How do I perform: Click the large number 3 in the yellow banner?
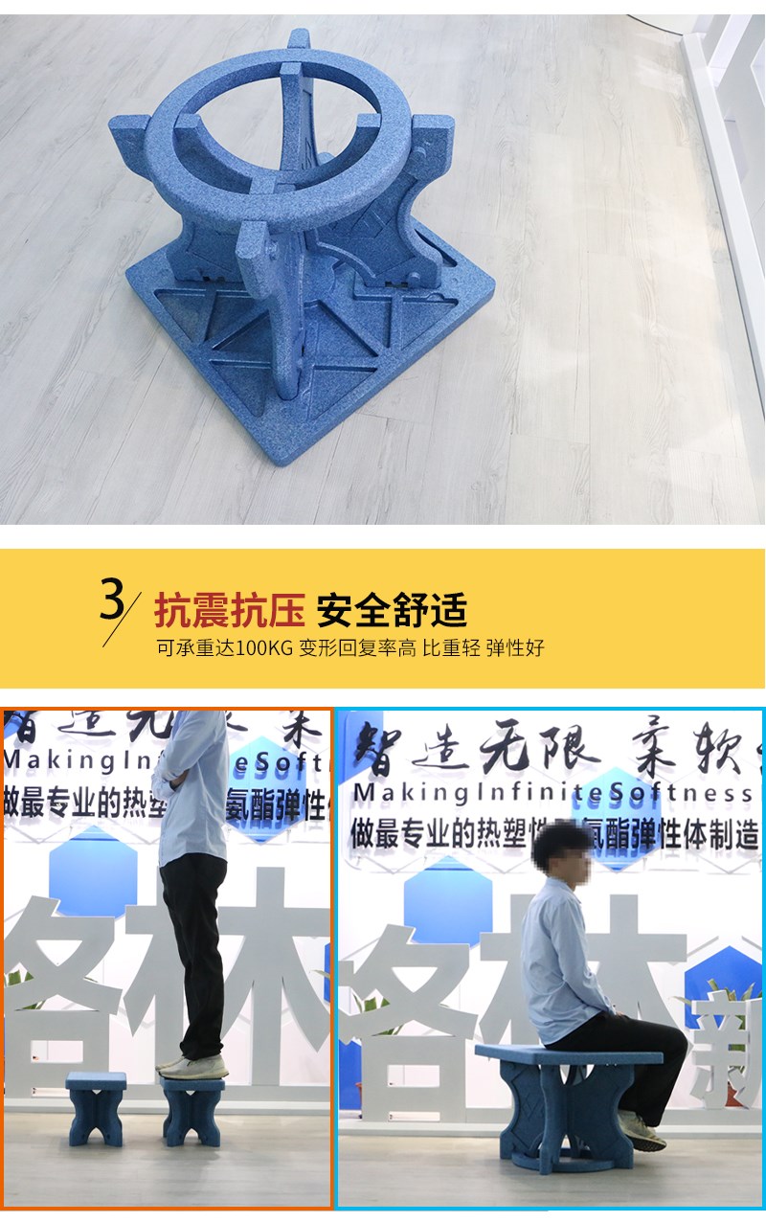[113, 600]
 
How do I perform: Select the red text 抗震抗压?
[230, 609]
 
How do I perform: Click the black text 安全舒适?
[392, 609]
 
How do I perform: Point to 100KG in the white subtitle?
[263, 647]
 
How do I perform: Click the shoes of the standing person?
[191, 1065]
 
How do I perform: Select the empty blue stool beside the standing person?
[96, 1108]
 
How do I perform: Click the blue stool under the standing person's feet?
[193, 1111]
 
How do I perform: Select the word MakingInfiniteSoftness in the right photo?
[552, 794]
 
